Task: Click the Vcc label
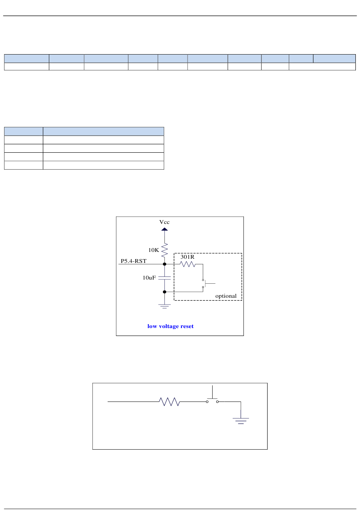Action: tap(164, 222)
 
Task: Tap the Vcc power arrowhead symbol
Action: tap(164, 229)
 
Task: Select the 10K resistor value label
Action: tap(153, 250)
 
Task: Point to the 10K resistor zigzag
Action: tap(164, 250)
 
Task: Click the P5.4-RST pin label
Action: tap(133, 261)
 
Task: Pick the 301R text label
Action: tap(187, 257)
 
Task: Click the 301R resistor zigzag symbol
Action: tap(188, 264)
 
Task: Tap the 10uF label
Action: tap(149, 278)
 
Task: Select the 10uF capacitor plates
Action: tap(164, 278)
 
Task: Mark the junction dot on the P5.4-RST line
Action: tap(164, 264)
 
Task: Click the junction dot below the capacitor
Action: tap(164, 292)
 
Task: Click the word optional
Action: tap(226, 296)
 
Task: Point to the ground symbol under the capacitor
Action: tap(164, 306)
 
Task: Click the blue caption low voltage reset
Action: tap(170, 326)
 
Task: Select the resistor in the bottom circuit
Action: tap(169, 402)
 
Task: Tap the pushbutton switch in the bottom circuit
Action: tap(212, 400)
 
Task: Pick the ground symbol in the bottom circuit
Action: tap(241, 420)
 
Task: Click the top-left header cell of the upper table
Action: tap(27, 58)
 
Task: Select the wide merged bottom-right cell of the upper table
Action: tap(322, 67)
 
